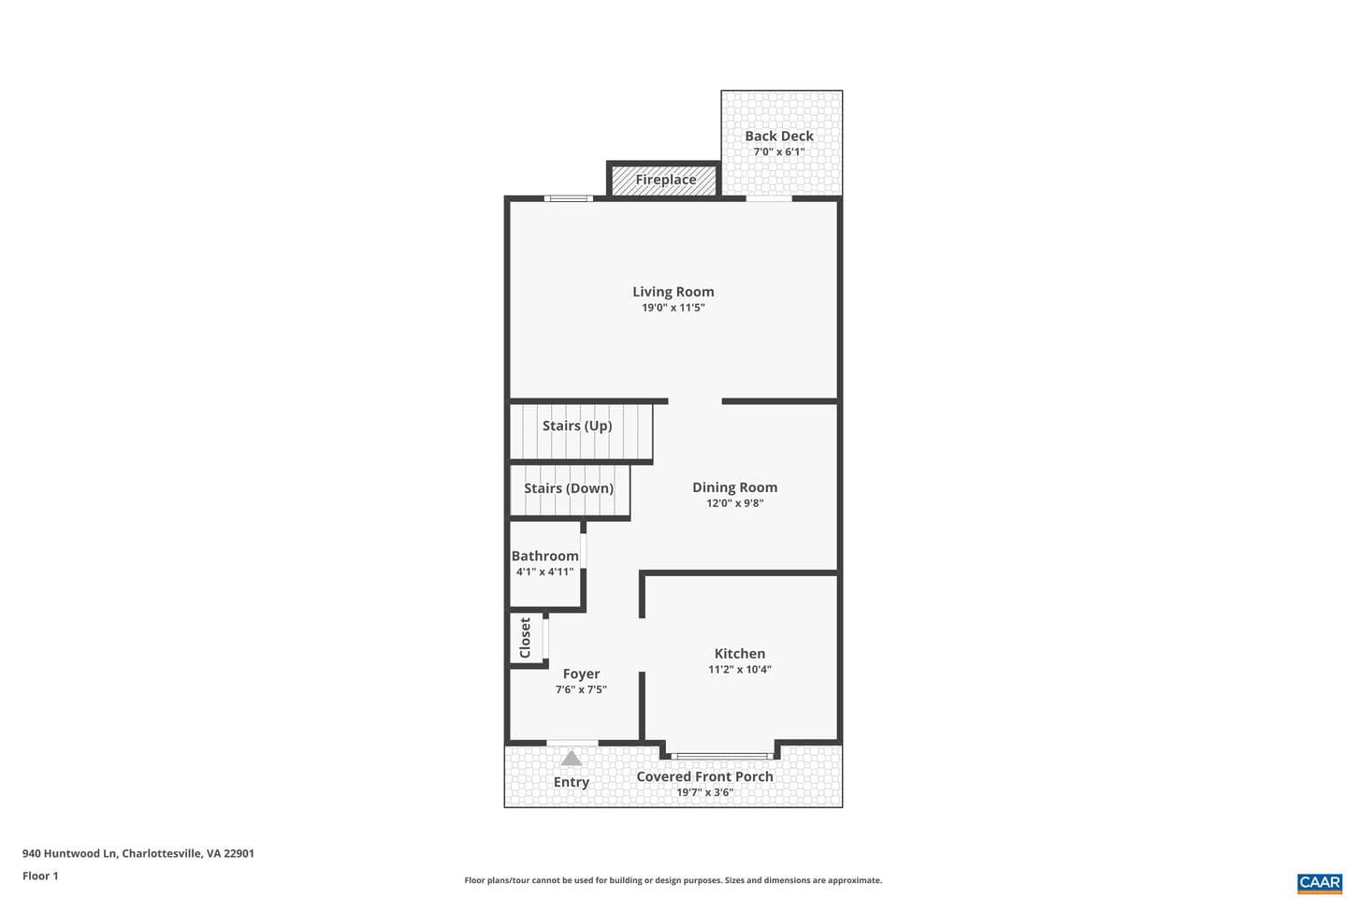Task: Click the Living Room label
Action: click(673, 292)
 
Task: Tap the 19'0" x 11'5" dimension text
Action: click(673, 308)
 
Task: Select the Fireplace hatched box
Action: click(664, 180)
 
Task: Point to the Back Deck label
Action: click(778, 137)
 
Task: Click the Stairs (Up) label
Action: click(577, 426)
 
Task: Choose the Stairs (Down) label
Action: click(569, 488)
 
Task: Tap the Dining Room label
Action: click(735, 487)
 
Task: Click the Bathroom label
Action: click(544, 556)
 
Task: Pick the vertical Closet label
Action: click(525, 638)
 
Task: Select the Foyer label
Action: click(581, 674)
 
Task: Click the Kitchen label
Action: click(740, 653)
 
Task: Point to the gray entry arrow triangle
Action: click(572, 758)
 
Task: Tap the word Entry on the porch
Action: click(572, 782)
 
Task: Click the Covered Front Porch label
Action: click(704, 776)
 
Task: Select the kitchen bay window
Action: click(722, 756)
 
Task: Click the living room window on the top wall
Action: click(569, 198)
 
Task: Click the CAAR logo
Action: click(1320, 883)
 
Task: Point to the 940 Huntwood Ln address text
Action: click(138, 853)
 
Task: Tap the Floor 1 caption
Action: click(40, 876)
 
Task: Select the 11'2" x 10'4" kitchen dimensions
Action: click(740, 670)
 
